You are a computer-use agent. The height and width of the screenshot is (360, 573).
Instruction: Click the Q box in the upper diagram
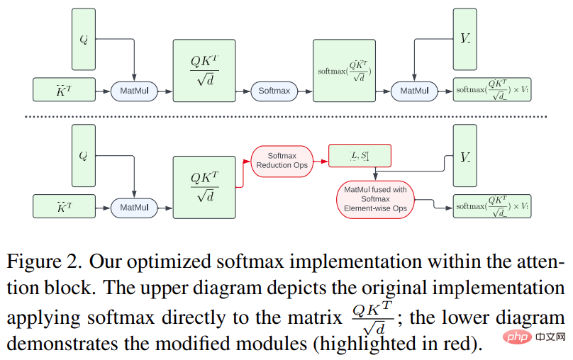(84, 39)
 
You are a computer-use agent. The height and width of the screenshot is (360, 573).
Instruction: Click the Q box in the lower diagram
(84, 155)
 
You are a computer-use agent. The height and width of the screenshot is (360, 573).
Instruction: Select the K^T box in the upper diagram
(65, 89)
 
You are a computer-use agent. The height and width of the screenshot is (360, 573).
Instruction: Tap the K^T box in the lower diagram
(65, 206)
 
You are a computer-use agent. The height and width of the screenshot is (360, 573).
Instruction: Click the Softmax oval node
(274, 91)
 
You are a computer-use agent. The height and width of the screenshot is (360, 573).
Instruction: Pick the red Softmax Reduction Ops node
(282, 162)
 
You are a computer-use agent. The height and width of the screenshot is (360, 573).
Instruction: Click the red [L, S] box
(360, 156)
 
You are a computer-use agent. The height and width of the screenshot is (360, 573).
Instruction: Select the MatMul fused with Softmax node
(375, 199)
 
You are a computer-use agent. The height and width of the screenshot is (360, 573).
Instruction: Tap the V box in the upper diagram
(464, 39)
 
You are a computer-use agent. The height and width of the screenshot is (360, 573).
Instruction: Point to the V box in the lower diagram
(464, 155)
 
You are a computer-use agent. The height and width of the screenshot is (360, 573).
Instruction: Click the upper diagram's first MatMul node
(134, 91)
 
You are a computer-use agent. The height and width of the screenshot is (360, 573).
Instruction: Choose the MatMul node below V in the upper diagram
(414, 91)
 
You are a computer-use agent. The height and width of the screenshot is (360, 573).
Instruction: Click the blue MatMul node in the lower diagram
(134, 208)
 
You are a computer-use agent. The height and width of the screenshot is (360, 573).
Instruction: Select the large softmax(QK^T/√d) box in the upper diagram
(344, 70)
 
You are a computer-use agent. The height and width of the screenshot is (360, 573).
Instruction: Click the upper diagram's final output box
(492, 89)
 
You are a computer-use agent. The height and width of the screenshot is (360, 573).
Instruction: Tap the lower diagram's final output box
(492, 206)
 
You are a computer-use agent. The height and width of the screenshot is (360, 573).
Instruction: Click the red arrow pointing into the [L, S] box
(321, 162)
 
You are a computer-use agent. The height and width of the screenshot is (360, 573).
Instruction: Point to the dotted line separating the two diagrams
(286, 116)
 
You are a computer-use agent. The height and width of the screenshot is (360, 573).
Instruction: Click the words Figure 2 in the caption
(44, 261)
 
